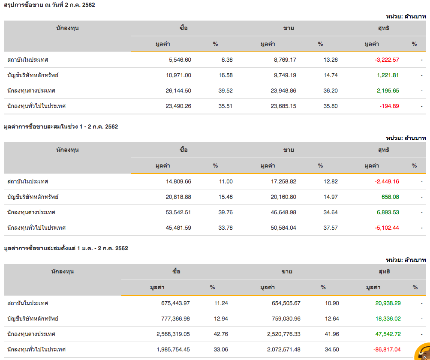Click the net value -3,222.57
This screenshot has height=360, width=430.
(387, 60)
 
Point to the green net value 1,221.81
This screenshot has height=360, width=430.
(388, 75)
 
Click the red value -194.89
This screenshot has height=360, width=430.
(389, 106)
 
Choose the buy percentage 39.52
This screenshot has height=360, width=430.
(226, 90)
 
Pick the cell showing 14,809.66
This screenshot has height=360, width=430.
(178, 181)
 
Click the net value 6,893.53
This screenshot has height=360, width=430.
(387, 212)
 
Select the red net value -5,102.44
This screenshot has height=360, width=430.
(387, 228)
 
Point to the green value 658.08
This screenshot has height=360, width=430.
(390, 197)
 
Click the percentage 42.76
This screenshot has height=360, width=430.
(221, 334)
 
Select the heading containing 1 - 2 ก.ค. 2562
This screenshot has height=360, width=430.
(60, 126)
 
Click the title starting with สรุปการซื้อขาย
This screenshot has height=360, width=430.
(49, 5)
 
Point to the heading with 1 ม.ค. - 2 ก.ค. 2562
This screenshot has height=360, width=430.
(66, 248)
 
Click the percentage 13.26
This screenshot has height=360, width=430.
(331, 60)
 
